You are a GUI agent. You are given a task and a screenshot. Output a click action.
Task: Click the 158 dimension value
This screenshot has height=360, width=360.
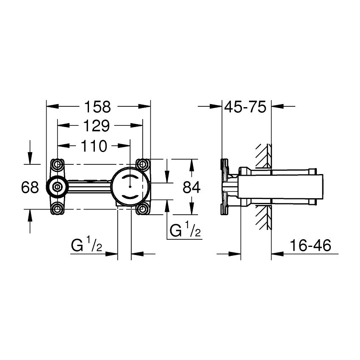point(98,107)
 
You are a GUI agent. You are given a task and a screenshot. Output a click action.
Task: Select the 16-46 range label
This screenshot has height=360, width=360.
point(310,246)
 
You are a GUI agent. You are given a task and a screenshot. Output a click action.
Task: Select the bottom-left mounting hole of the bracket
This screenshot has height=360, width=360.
point(58,208)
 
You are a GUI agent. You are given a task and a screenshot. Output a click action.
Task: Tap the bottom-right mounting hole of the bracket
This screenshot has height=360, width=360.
point(143,208)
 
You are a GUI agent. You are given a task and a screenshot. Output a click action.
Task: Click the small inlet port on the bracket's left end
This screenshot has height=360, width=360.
point(56,186)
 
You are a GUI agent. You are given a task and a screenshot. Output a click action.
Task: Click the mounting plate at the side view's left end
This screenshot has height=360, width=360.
point(223,186)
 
